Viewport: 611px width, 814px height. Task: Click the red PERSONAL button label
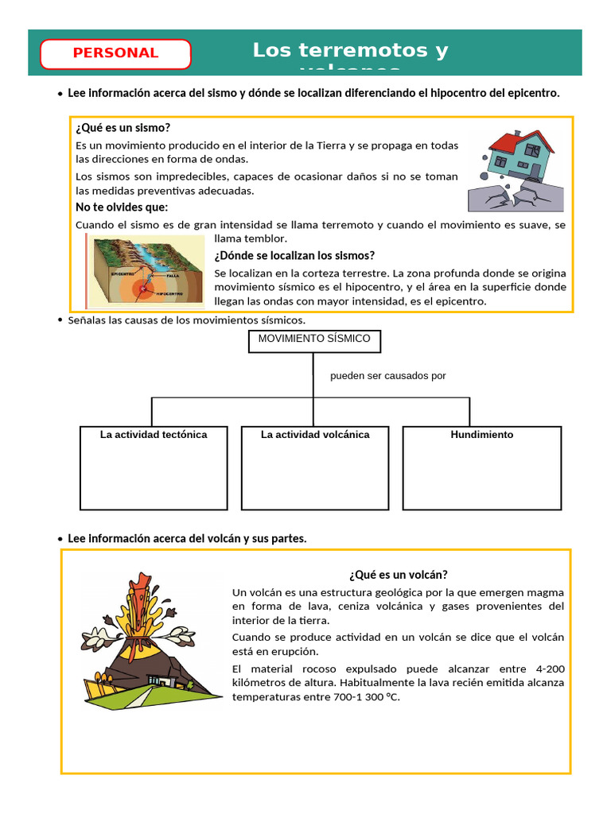coord(115,53)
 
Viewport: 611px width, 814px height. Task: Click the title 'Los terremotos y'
coord(350,51)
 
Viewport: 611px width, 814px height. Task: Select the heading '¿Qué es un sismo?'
coord(123,128)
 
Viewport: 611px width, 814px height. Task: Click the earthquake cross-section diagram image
coord(147,270)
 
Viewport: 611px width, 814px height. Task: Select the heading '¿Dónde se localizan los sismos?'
coord(294,255)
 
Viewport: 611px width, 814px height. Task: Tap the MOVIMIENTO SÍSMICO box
coord(313,341)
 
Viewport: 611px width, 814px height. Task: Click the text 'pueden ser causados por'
coord(388,376)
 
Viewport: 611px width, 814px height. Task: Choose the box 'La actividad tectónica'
coord(154,467)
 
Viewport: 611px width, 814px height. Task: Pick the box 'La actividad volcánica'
coord(315,467)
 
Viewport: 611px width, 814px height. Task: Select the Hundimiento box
coord(482,467)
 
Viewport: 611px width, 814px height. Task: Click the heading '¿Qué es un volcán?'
coord(399,575)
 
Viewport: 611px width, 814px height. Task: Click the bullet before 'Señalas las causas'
coord(60,320)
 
